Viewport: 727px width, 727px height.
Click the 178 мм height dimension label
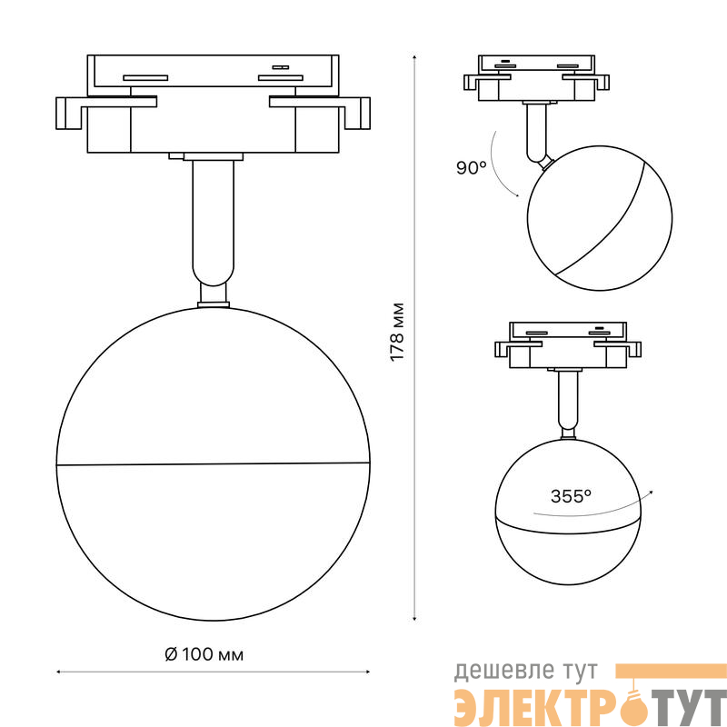pos(397,332)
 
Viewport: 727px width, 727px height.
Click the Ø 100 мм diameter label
pos(204,654)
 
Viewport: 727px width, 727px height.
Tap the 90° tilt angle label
pos(471,168)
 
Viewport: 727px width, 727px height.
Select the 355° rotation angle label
pos(571,496)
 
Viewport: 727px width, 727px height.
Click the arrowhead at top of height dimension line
pos(414,56)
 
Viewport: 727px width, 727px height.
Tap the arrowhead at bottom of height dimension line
pos(414,619)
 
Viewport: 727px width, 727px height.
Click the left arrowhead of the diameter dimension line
pos(58,672)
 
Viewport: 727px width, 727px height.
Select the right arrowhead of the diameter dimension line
pos(368,672)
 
